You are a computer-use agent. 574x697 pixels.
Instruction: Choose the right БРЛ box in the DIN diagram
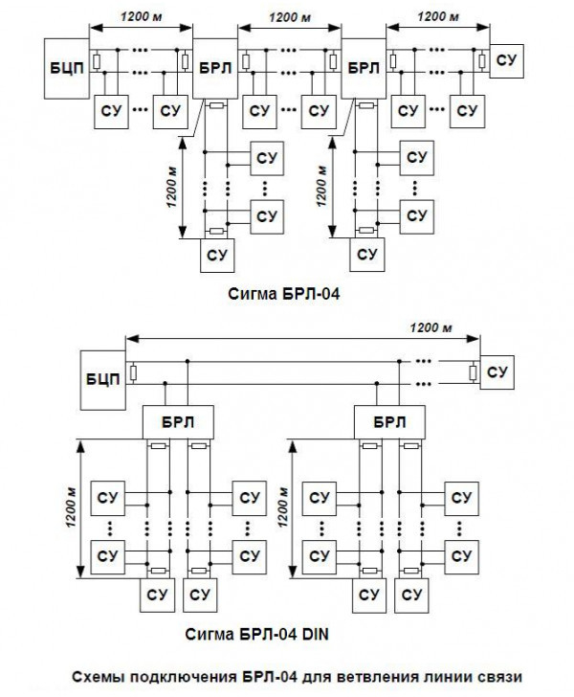pyautogui.click(x=388, y=421)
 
